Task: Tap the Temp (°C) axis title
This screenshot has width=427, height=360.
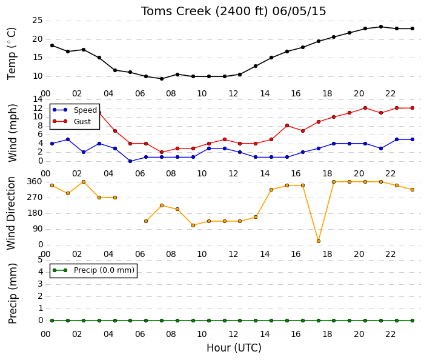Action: tap(12, 54)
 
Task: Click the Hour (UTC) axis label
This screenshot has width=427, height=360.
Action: tap(234, 348)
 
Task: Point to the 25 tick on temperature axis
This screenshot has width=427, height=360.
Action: tap(38, 21)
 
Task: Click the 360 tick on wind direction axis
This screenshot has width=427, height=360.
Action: tap(35, 182)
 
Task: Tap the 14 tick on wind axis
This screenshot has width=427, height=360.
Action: tap(38, 99)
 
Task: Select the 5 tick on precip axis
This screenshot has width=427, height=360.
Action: tap(40, 260)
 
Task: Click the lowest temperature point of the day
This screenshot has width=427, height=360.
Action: tap(162, 79)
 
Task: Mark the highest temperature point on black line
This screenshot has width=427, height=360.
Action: tap(381, 27)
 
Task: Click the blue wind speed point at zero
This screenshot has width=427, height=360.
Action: tap(130, 161)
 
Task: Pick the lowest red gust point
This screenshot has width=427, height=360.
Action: tap(162, 152)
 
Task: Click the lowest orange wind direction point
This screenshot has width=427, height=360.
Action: tap(319, 241)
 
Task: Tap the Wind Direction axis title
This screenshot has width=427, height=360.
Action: tap(11, 213)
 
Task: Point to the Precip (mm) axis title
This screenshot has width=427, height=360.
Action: tap(12, 293)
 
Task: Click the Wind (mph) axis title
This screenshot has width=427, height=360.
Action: tap(12, 133)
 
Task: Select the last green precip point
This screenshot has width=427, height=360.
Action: tap(412, 321)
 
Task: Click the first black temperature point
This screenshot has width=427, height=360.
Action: tap(52, 45)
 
